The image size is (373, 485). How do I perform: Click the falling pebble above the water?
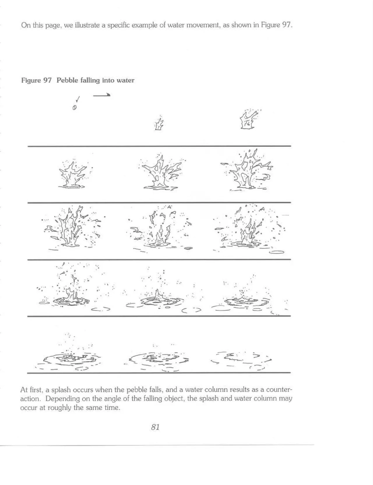[74, 108]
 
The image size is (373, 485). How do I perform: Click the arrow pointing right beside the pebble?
[102, 95]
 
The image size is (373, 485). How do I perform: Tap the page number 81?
[155, 427]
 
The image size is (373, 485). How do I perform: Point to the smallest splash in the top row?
[159, 124]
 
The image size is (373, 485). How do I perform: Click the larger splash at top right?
[248, 120]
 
